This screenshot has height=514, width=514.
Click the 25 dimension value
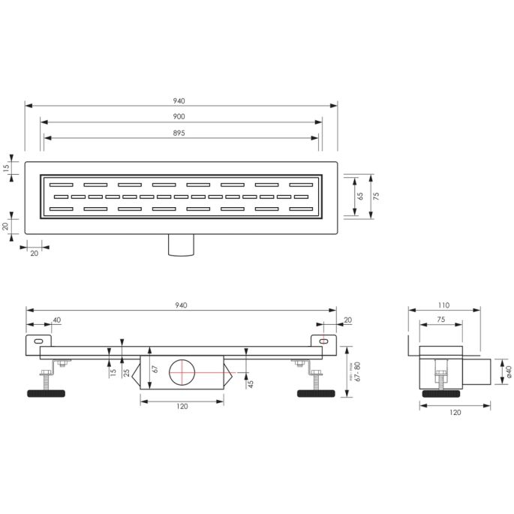(126, 371)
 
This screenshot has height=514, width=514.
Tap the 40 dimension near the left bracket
(56, 320)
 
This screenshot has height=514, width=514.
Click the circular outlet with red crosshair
(182, 373)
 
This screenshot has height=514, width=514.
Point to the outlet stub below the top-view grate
(181, 245)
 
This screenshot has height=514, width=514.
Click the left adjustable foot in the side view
(48, 392)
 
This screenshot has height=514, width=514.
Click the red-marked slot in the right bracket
(323, 341)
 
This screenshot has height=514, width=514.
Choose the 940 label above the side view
(180, 305)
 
